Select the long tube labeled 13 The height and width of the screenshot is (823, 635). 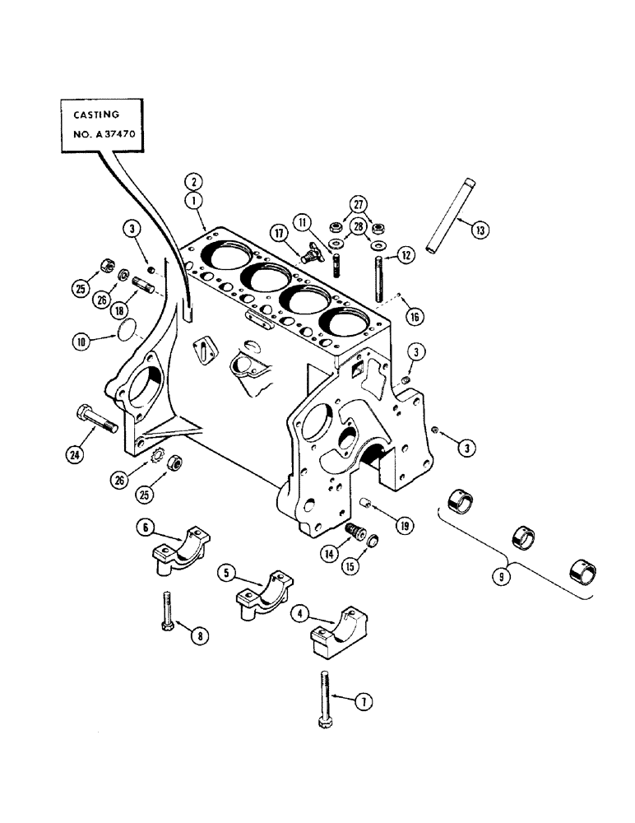(x=443, y=216)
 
